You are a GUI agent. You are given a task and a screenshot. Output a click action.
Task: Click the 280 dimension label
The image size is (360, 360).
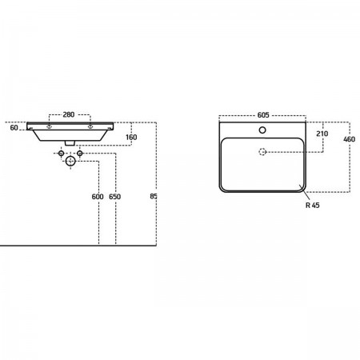click(x=69, y=114)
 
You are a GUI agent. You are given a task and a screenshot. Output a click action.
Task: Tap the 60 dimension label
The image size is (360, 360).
click(x=14, y=128)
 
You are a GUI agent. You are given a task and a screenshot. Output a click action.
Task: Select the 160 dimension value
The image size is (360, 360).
click(x=131, y=137)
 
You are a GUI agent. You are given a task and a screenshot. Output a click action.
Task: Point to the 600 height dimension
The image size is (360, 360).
click(x=98, y=197)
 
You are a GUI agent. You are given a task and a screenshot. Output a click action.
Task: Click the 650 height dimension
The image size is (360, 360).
click(x=115, y=197)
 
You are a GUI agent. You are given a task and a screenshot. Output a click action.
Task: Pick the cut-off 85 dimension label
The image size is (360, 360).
click(x=154, y=196)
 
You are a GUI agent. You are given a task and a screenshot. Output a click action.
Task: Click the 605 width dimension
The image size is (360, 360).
click(x=263, y=115)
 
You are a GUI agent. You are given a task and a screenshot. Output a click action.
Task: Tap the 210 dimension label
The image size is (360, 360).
click(x=322, y=134)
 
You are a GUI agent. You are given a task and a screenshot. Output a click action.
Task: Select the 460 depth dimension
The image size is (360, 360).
click(x=350, y=139)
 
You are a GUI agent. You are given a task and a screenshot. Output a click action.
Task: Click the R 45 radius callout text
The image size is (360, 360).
click(x=313, y=206)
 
